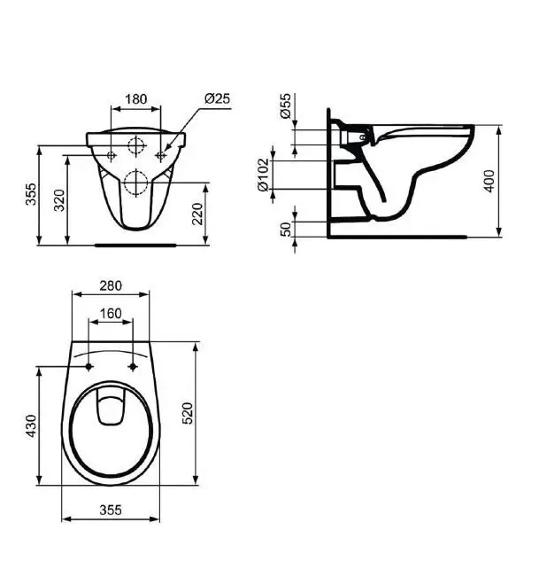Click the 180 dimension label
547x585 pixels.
(x=135, y=99)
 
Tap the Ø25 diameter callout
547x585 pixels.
(x=217, y=98)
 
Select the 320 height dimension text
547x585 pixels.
(x=59, y=200)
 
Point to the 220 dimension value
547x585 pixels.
(x=196, y=214)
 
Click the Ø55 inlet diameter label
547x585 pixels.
(x=285, y=106)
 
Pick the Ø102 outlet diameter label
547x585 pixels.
(x=263, y=175)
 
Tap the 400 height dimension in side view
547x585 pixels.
(x=489, y=181)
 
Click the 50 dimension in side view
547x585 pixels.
(x=286, y=230)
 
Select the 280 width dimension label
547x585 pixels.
(x=111, y=285)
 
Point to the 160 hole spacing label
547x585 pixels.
(x=111, y=314)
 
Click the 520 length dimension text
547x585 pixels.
(x=188, y=413)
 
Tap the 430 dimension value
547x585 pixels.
(x=31, y=425)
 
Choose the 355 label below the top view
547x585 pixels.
(x=111, y=510)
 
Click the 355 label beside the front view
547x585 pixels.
(x=31, y=194)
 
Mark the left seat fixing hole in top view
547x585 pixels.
(x=89, y=367)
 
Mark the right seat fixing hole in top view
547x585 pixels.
(x=133, y=367)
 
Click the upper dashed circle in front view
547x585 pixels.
(x=136, y=145)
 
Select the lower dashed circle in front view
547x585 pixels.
(x=136, y=183)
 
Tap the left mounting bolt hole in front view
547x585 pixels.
(x=111, y=155)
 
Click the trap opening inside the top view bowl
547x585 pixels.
(x=112, y=407)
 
